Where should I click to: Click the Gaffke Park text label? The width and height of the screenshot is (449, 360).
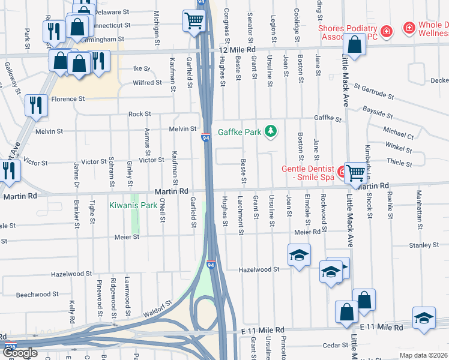(x=238, y=132)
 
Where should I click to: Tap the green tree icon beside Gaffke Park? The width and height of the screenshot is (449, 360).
(x=271, y=131)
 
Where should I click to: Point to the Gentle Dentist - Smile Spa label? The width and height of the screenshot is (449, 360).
(x=309, y=173)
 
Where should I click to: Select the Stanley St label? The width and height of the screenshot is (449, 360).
(x=424, y=245)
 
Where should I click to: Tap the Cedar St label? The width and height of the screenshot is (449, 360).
(x=331, y=346)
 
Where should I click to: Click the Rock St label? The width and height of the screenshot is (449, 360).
(x=139, y=114)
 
